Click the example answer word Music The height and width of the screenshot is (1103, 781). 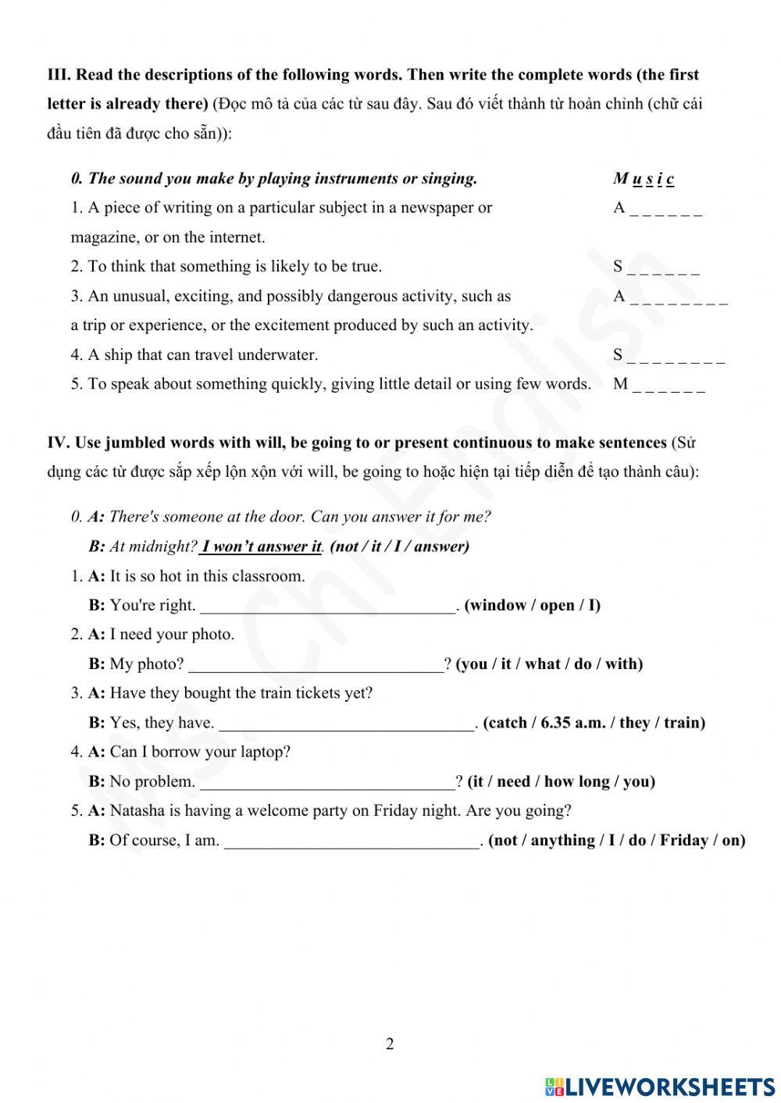pos(644,179)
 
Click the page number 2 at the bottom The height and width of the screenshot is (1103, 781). pos(390,1044)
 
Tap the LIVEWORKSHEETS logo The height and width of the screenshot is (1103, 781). pos(660,1087)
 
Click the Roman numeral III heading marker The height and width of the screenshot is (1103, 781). pos(59,75)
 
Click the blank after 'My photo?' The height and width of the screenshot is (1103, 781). pos(316,664)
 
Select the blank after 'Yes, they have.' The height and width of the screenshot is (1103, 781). pos(347,724)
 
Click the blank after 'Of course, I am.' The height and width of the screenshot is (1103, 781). pos(352,841)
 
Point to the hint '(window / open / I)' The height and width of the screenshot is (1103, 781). pos(533,605)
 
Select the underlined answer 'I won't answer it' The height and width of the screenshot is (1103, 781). pos(261,546)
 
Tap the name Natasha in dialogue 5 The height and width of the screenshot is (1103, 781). pos(137,810)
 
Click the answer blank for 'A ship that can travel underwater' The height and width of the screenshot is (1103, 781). pos(675,356)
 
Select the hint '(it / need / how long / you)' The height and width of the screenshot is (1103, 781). pos(561,781)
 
